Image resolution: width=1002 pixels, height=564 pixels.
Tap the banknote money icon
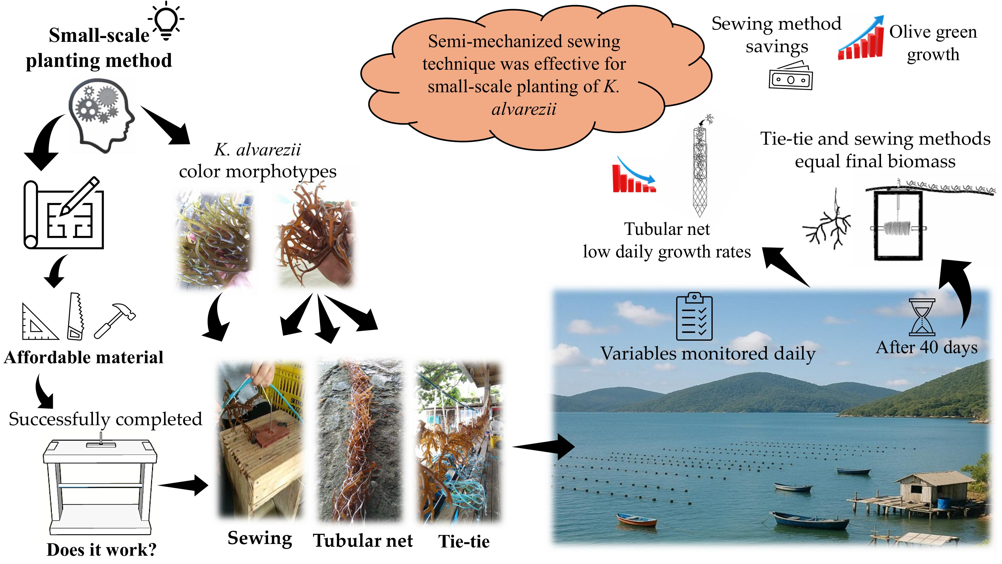click(790, 77)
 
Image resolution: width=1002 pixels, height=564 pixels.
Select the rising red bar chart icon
click(861, 39)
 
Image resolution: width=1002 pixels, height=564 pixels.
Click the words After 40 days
click(927, 347)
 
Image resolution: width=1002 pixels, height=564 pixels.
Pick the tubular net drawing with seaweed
click(700, 167)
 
